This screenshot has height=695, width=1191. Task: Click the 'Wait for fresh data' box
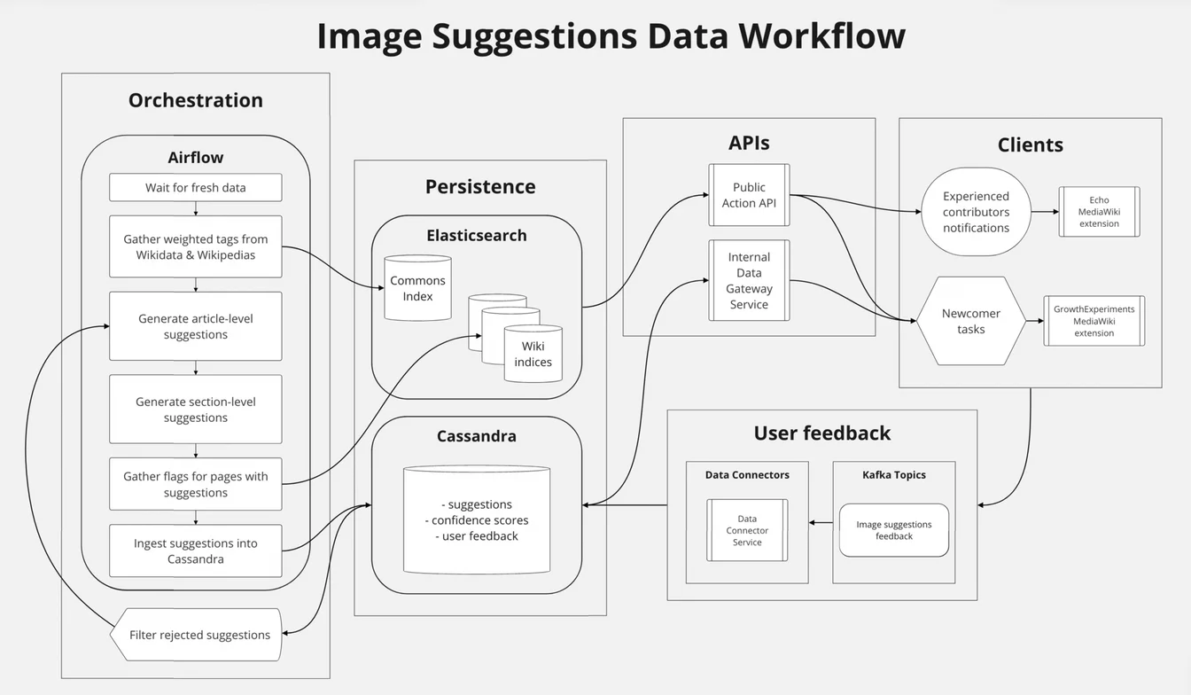tap(196, 188)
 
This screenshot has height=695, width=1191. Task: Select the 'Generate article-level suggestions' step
tap(196, 326)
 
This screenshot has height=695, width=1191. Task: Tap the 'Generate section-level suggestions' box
tap(196, 409)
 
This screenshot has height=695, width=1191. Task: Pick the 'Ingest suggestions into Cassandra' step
tap(196, 551)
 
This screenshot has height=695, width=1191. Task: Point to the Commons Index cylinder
tap(417, 288)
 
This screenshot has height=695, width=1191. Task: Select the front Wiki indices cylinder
tap(533, 354)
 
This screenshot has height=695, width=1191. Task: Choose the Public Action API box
tap(749, 195)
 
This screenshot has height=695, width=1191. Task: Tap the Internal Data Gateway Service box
tap(749, 280)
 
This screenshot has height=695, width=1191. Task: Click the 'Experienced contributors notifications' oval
tap(976, 212)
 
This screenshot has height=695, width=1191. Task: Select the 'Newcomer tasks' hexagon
tap(970, 321)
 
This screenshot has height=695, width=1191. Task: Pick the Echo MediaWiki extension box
tap(1099, 212)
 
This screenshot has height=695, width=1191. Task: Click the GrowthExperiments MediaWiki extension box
tap(1094, 321)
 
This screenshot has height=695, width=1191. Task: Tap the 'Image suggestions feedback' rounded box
tap(894, 530)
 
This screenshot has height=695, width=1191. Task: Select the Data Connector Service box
tap(747, 530)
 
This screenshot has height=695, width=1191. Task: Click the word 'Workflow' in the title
tap(821, 36)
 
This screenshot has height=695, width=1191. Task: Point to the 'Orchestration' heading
tap(196, 100)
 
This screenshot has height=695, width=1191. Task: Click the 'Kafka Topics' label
tap(894, 475)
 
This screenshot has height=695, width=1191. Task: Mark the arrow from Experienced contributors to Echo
tap(1045, 212)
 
